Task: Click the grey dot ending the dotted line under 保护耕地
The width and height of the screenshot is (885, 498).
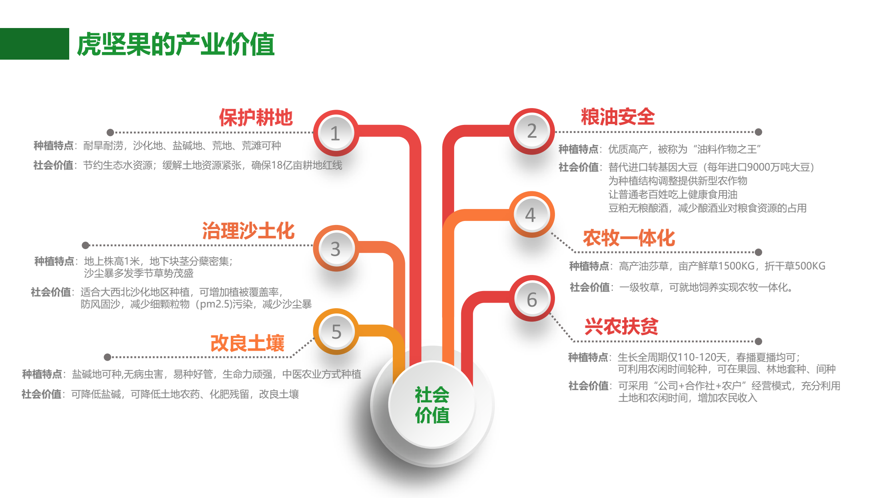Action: click(x=110, y=133)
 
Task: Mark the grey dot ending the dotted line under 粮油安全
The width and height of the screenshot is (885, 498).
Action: click(x=758, y=132)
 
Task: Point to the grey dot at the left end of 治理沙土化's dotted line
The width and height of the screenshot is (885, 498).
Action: click(x=85, y=245)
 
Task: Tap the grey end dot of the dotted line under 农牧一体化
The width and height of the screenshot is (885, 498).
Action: click(x=758, y=252)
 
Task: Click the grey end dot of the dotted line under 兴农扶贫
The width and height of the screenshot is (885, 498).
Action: click(x=758, y=341)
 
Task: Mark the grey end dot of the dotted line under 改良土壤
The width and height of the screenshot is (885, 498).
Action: click(x=107, y=357)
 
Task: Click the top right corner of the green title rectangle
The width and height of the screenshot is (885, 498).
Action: click(x=69, y=28)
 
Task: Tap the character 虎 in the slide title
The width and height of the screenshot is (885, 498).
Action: click(x=88, y=44)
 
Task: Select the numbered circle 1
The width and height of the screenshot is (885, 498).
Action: click(x=336, y=133)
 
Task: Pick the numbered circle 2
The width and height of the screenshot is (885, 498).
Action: click(x=532, y=131)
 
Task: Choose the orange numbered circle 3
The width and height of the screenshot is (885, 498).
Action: click(x=336, y=248)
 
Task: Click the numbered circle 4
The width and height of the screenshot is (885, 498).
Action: click(x=532, y=215)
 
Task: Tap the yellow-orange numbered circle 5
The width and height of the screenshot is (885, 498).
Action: click(x=336, y=331)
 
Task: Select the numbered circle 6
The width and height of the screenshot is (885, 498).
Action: click(x=532, y=298)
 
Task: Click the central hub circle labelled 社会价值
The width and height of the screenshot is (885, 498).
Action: click(x=432, y=405)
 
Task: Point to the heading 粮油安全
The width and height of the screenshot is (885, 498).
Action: click(x=618, y=117)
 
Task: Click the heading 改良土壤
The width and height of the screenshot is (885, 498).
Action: click(x=247, y=343)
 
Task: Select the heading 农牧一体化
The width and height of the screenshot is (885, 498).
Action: click(x=629, y=238)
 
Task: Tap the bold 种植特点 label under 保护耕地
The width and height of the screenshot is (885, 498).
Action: click(x=53, y=146)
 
